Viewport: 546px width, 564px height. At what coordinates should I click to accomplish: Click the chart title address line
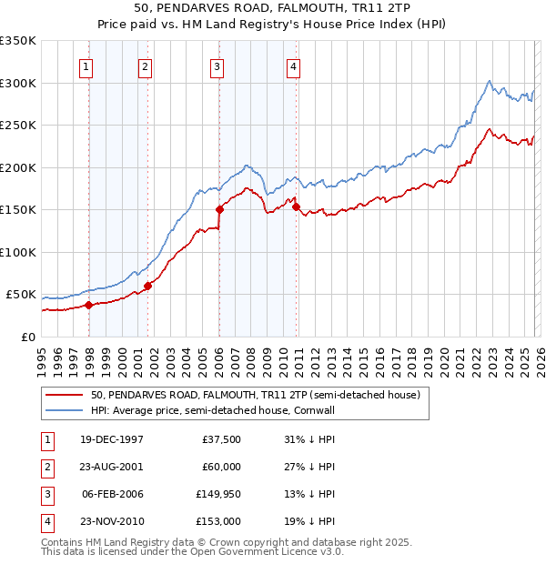point(273,8)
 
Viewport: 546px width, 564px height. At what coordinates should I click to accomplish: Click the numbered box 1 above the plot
point(86,65)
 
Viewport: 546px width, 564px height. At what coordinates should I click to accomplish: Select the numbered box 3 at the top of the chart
point(217,65)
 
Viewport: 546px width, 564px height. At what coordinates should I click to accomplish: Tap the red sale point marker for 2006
point(219,209)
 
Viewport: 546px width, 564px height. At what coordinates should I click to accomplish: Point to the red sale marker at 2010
point(297,206)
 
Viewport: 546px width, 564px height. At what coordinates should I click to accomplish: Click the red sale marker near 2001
point(147,286)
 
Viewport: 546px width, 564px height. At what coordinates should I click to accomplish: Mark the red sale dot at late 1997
point(89,306)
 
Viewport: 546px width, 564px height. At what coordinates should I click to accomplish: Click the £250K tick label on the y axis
point(18,126)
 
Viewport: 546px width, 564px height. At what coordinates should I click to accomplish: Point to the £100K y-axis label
point(18,252)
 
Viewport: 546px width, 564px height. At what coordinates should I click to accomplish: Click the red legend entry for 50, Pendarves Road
point(255,396)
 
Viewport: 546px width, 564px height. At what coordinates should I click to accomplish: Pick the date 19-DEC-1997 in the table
point(111,439)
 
